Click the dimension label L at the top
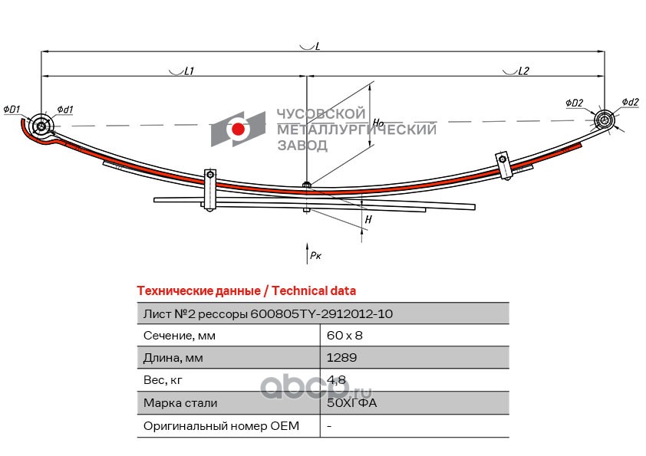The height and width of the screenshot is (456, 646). [x=317, y=46]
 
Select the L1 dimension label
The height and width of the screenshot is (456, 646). [x=189, y=71]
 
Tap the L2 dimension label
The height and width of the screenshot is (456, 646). [x=522, y=71]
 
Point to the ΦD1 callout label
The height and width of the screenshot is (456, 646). [x=12, y=110]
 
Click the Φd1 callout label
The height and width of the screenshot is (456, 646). [x=65, y=110]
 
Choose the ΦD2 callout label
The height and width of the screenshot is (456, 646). [x=575, y=103]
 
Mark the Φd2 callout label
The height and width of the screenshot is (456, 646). [x=630, y=102]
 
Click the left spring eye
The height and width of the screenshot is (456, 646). [x=41, y=125]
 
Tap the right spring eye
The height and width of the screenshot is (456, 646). [x=605, y=120]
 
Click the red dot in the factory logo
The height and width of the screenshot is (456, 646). [x=238, y=130]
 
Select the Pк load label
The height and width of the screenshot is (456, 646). [x=315, y=255]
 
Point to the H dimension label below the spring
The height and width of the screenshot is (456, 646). [x=368, y=219]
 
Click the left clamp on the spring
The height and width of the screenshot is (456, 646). [x=210, y=190]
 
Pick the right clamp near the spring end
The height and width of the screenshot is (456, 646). [x=504, y=166]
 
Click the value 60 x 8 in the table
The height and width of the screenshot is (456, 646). [x=344, y=336]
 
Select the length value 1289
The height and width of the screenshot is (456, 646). [x=341, y=358]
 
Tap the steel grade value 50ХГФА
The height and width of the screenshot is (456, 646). [x=351, y=402]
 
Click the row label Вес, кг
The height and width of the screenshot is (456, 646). [x=163, y=380]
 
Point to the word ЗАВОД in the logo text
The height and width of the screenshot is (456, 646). [x=302, y=146]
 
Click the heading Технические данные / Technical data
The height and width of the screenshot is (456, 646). [x=246, y=290]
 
